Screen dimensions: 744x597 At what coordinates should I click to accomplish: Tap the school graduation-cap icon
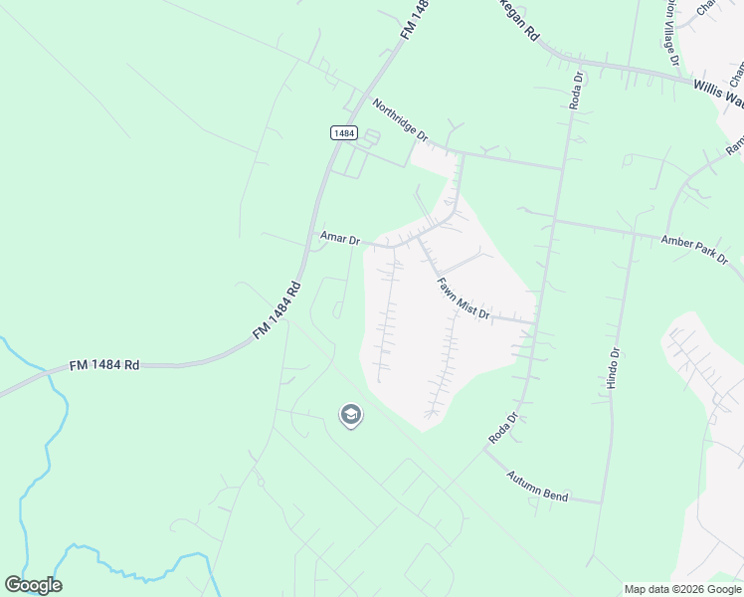coord(350,415)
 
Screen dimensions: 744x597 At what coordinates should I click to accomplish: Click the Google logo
coord(33,585)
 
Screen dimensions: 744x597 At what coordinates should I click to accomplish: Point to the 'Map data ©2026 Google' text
coord(682,589)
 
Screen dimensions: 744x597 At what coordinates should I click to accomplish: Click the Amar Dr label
coord(339,238)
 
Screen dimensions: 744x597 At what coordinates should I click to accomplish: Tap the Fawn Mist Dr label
coord(464,298)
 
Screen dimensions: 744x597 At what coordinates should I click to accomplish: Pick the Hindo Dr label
coord(614,367)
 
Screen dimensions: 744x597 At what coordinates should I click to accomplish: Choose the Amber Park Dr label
coord(694,248)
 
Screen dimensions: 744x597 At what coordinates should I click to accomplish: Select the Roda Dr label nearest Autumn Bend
coord(503,429)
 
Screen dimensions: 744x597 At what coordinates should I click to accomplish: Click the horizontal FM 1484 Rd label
coord(103,366)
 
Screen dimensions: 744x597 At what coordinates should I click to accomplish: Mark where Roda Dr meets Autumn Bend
coord(484,450)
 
